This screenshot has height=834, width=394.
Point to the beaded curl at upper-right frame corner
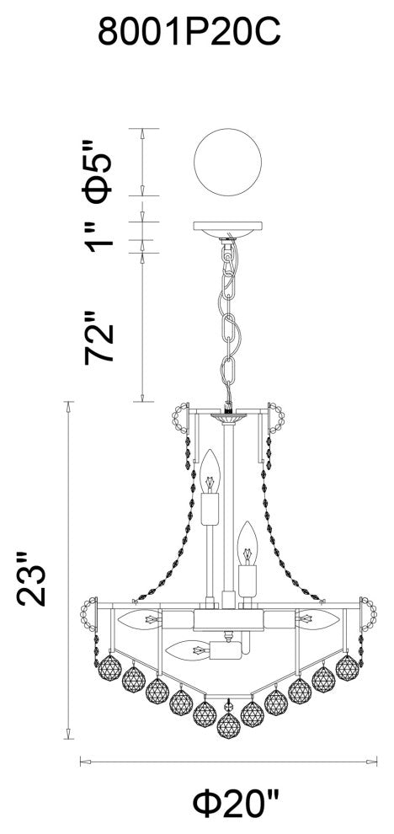tap(276, 417)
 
